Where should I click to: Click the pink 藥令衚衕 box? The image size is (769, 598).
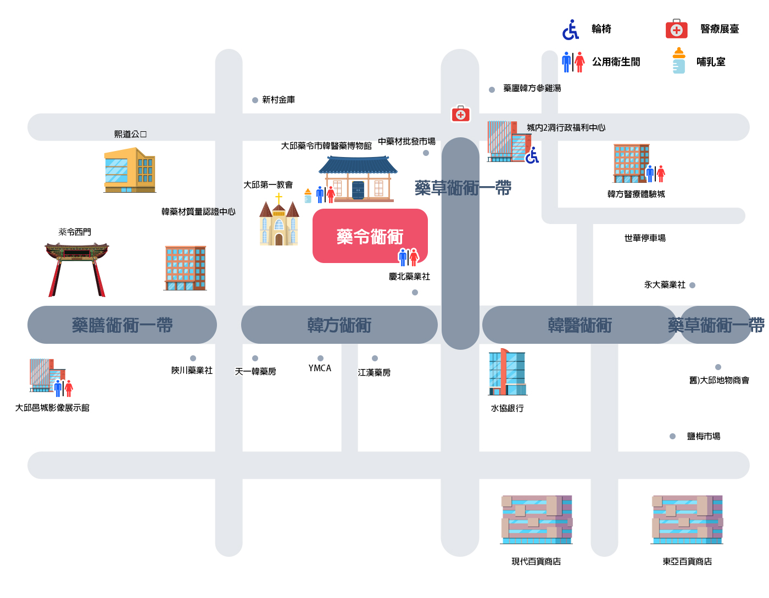[x=370, y=236]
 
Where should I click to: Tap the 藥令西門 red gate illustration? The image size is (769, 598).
[x=77, y=270]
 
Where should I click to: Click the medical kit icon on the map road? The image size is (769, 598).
[x=460, y=114]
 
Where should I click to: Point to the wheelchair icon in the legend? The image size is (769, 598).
[x=570, y=30]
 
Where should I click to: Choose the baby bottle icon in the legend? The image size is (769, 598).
[x=678, y=60]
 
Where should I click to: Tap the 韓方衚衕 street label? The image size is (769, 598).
[x=339, y=325]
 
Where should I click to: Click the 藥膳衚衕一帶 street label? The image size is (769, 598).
[x=122, y=325]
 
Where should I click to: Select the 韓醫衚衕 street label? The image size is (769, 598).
[x=579, y=325]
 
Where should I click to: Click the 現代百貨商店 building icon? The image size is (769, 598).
[x=536, y=519]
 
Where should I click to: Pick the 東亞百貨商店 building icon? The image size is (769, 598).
[x=687, y=519]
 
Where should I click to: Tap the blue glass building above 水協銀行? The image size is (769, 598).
[x=508, y=372]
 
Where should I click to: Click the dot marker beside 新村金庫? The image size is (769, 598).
[x=255, y=100]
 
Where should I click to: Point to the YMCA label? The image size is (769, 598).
[x=320, y=368]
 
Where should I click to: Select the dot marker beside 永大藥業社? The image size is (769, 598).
[x=692, y=285]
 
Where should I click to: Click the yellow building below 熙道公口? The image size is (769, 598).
[x=130, y=170]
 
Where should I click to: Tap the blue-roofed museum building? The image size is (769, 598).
[x=358, y=179]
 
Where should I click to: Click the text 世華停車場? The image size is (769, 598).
[x=644, y=238]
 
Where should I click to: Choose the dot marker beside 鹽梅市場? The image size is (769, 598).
[x=672, y=436]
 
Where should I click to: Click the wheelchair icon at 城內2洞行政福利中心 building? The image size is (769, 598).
[x=532, y=155]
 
